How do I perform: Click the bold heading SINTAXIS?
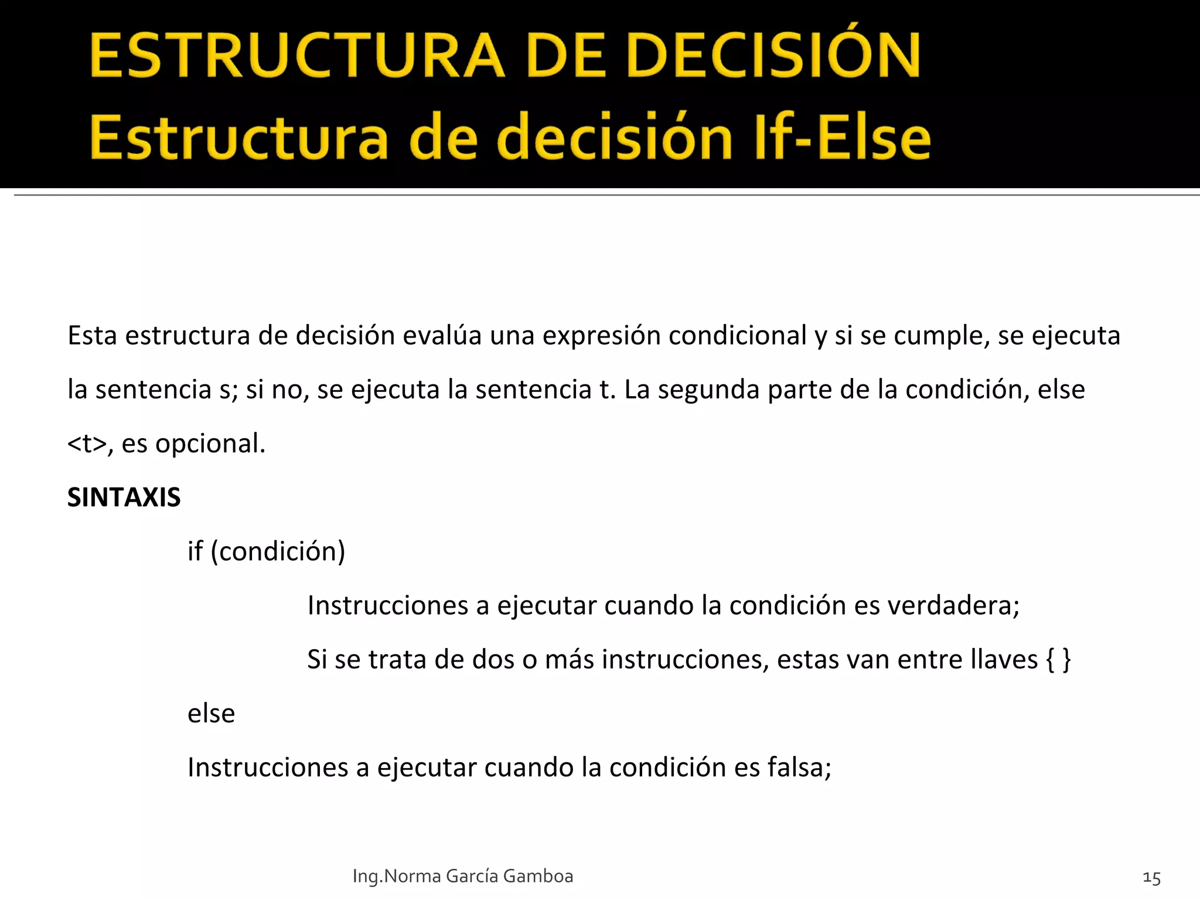click(x=124, y=497)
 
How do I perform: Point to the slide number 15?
click(x=1151, y=878)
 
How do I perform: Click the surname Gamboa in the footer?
click(x=538, y=876)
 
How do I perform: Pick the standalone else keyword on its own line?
click(x=211, y=714)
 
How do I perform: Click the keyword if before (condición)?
click(x=195, y=551)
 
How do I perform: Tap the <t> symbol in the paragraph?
click(x=87, y=444)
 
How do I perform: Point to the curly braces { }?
click(x=1058, y=660)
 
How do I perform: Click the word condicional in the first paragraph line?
click(x=738, y=336)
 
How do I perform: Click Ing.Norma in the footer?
click(x=397, y=876)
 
